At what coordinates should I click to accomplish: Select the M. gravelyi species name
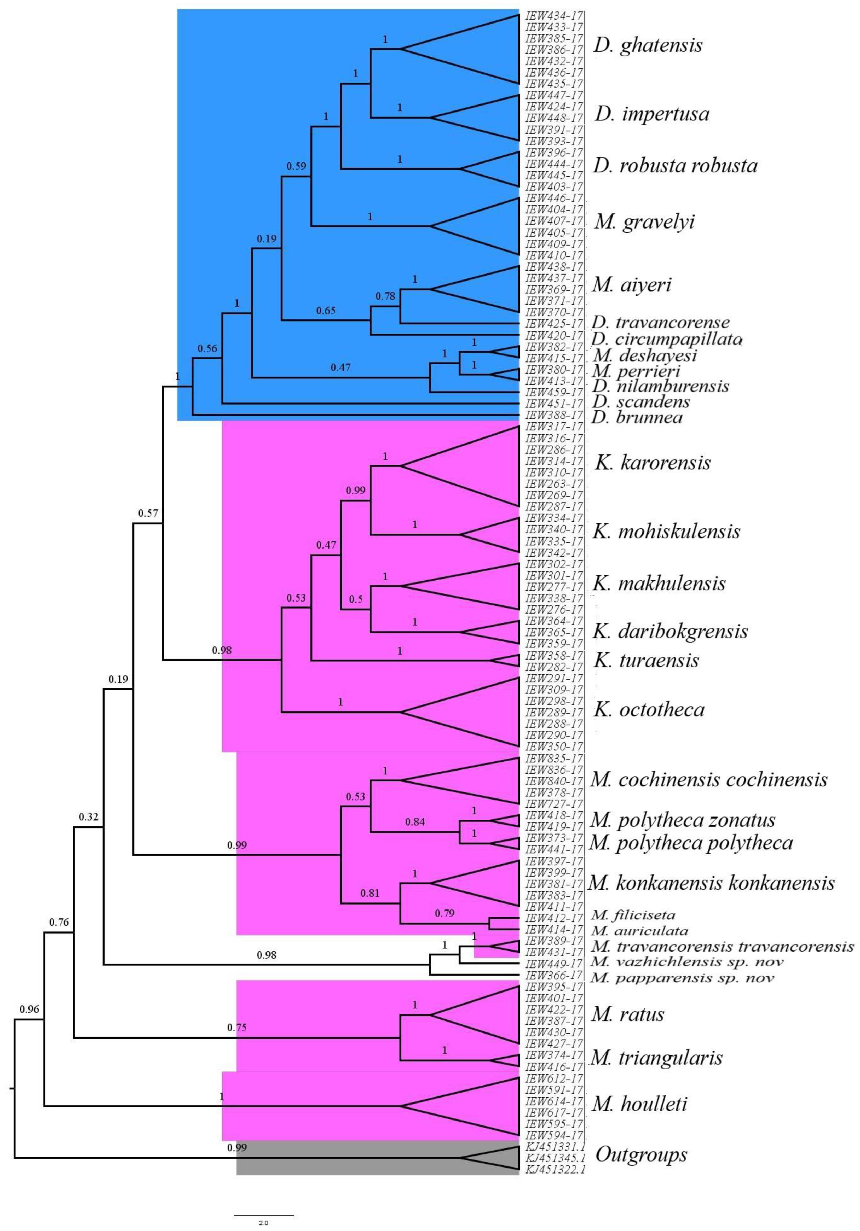point(644,221)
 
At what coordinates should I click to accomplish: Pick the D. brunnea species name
point(637,417)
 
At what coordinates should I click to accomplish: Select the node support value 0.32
point(89,817)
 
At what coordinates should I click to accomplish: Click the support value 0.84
point(415,821)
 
